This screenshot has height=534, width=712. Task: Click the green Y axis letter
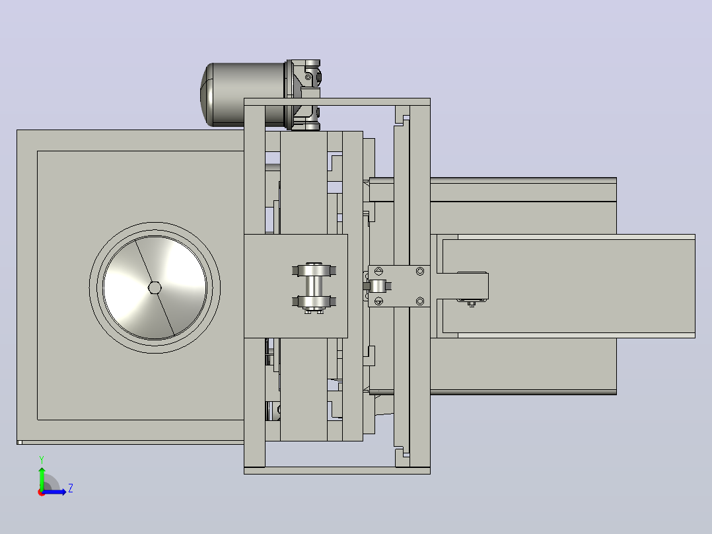pyautogui.click(x=42, y=459)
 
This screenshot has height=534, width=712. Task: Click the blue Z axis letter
pyautogui.click(x=71, y=488)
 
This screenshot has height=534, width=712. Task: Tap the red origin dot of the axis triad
pyautogui.click(x=42, y=492)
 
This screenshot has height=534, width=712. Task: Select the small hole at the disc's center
pyautogui.click(x=155, y=287)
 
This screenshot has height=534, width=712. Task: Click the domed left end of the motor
pyautogui.click(x=207, y=94)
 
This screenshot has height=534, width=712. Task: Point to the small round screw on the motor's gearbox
pyautogui.click(x=308, y=77)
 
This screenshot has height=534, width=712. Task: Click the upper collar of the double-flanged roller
pyautogui.click(x=314, y=270)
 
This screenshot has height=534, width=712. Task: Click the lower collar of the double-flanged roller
pyautogui.click(x=314, y=301)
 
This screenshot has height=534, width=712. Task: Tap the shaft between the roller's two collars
pyautogui.click(x=314, y=286)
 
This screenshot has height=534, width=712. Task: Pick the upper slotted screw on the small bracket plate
pyautogui.click(x=378, y=272)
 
